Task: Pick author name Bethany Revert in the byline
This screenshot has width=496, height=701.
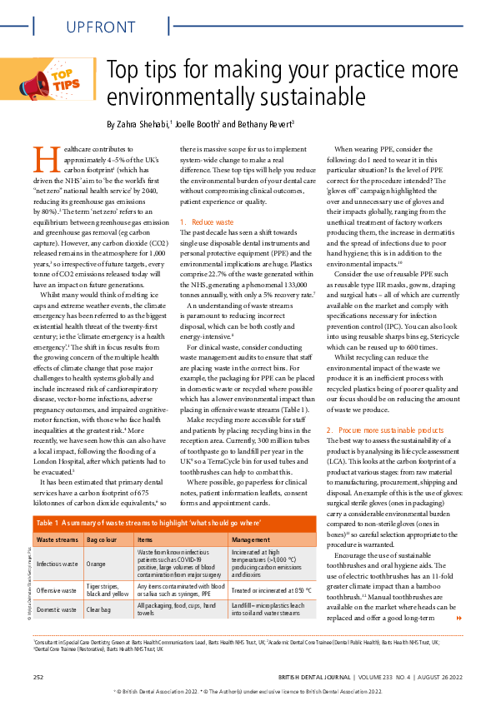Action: [257, 124]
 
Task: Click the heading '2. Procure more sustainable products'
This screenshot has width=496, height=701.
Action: [384, 430]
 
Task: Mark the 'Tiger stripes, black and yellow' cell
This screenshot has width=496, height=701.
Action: [107, 591]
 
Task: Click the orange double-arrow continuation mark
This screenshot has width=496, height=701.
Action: [458, 619]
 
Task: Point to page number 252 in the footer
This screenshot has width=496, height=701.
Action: [38, 677]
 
